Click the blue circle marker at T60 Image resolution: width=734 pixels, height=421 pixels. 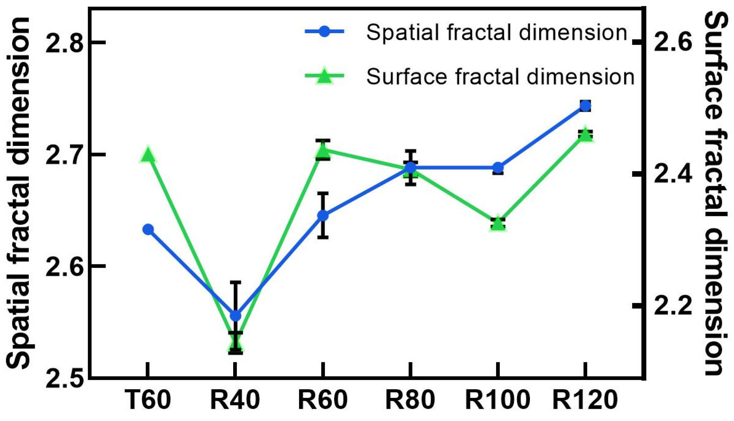[x=148, y=229]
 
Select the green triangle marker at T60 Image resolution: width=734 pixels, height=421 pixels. [x=148, y=155]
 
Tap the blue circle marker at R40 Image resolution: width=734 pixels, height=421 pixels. [x=235, y=316]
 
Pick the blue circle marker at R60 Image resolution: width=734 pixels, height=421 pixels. [x=323, y=215]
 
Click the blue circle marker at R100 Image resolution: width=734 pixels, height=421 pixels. [x=498, y=168]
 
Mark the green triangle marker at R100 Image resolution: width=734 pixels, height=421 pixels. [x=498, y=223]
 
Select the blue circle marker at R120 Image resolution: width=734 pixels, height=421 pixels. [x=585, y=106]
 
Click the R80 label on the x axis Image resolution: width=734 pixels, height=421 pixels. [x=410, y=400]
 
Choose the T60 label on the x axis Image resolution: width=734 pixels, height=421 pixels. [x=148, y=400]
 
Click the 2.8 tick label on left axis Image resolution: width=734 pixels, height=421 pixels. [x=64, y=43]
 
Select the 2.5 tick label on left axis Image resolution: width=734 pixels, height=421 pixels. [x=64, y=379]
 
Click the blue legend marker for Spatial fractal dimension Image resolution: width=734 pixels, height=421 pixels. [x=324, y=32]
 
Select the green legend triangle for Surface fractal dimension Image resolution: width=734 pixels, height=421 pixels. [x=324, y=76]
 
